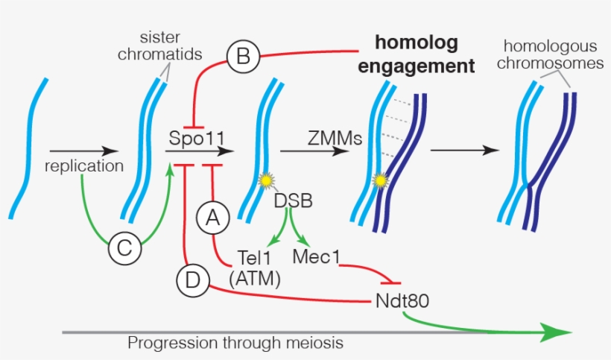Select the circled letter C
click(x=124, y=249)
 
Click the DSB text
click(x=293, y=200)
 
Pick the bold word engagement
click(x=417, y=66)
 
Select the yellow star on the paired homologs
click(x=382, y=180)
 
